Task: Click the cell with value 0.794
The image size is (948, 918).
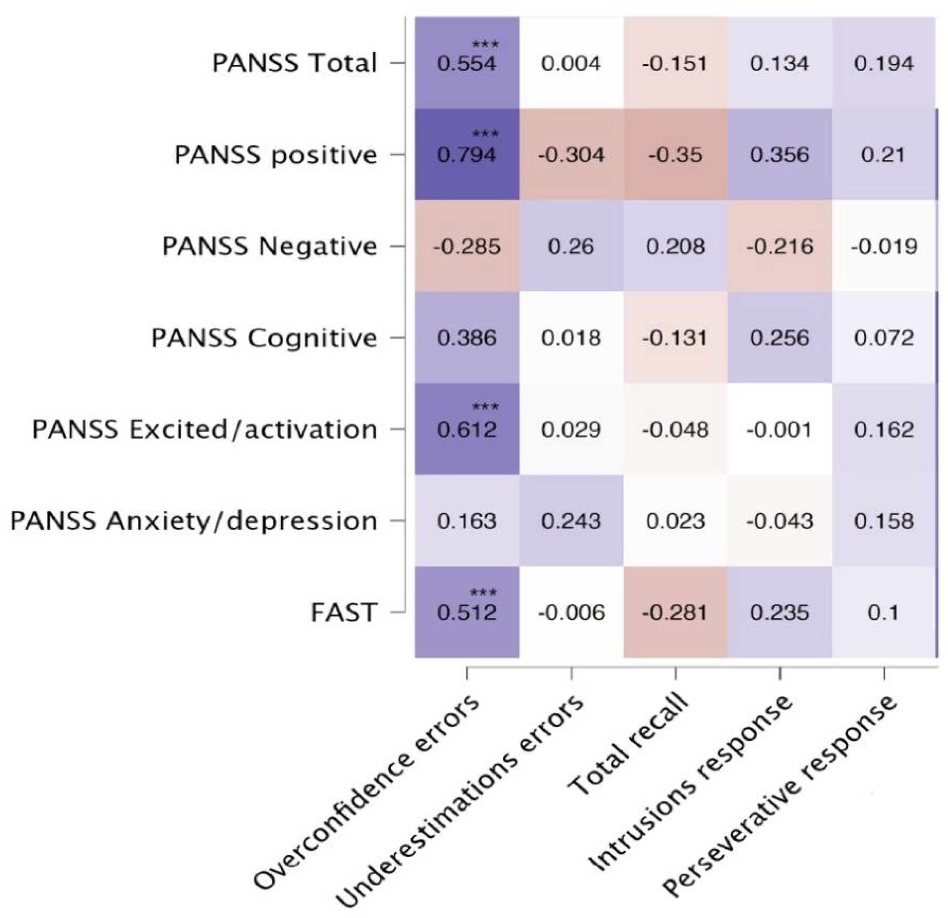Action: click(467, 155)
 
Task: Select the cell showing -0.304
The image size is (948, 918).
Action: click(571, 155)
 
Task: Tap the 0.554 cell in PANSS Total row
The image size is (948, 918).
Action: click(467, 63)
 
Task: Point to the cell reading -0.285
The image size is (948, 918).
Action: click(467, 247)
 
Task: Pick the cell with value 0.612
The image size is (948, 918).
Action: click(467, 429)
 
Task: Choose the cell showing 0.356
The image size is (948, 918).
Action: click(780, 155)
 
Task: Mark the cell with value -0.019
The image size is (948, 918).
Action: click(884, 247)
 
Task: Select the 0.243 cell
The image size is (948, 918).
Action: click(571, 521)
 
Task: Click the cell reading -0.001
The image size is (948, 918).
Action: click(780, 429)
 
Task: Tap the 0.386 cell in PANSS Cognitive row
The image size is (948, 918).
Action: click(467, 338)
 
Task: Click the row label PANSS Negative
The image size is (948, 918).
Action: click(270, 247)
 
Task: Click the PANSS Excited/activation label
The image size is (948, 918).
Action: click(204, 429)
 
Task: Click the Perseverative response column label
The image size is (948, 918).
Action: click(779, 798)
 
